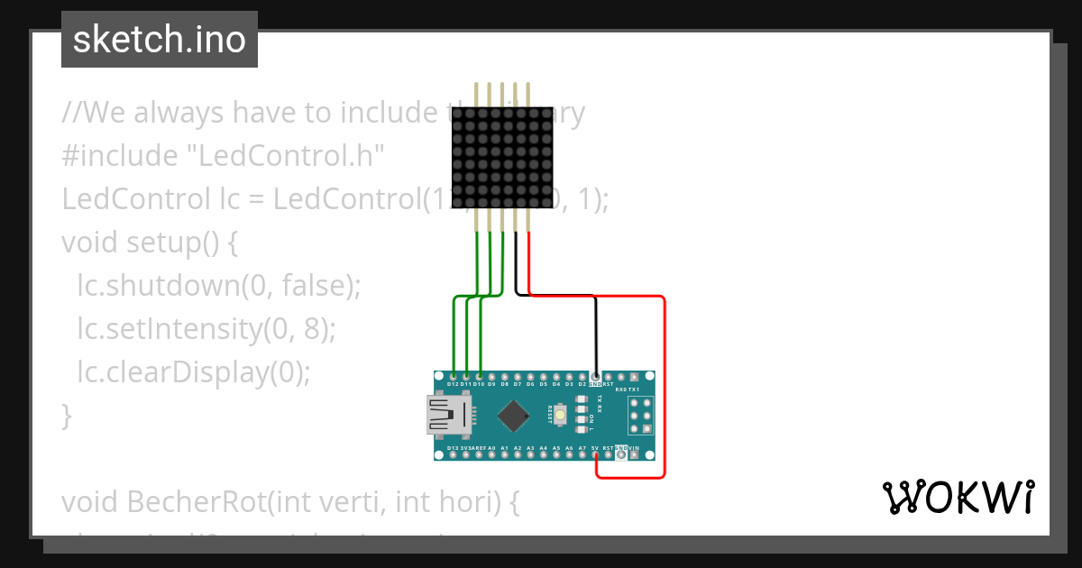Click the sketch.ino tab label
pos(159,40)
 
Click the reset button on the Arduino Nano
pos(561,416)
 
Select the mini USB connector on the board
pos(448,416)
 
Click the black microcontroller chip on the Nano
pos(513,416)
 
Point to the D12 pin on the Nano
pos(453,375)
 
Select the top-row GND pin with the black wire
pos(595,375)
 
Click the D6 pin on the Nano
pos(530,375)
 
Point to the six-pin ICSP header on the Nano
pos(641,416)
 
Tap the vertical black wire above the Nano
pos(595,334)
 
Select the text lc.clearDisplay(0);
pos(193,371)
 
